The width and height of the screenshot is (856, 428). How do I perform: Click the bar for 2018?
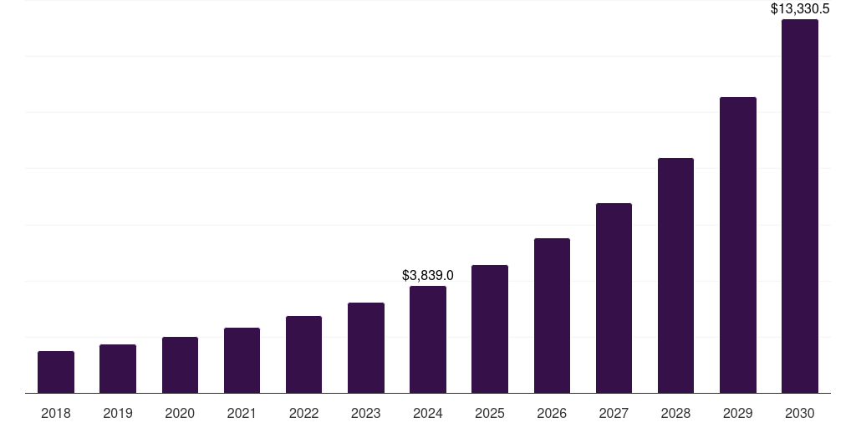(x=56, y=372)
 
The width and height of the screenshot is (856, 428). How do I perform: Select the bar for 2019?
(x=118, y=369)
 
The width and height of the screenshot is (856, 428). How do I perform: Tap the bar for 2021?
(x=242, y=360)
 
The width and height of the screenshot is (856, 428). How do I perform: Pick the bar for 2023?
(x=366, y=348)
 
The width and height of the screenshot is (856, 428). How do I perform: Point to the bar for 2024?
(x=428, y=339)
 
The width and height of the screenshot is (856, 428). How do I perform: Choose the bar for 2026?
(x=552, y=316)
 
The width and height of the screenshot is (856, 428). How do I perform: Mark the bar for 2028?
(x=675, y=276)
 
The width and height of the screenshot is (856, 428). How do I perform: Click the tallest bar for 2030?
(x=800, y=206)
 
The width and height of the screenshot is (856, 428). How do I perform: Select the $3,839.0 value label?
(x=428, y=275)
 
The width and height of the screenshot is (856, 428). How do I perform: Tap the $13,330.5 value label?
(x=800, y=9)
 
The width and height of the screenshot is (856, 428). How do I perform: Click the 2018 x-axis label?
(x=56, y=413)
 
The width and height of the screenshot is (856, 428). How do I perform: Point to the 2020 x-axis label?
(x=180, y=413)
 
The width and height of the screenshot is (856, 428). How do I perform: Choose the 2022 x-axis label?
(x=304, y=413)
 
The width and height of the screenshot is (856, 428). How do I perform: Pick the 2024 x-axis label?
(x=428, y=413)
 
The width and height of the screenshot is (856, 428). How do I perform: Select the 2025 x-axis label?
(x=490, y=413)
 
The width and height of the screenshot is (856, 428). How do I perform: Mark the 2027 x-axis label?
(x=614, y=413)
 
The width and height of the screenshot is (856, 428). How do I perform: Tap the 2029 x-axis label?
(x=738, y=413)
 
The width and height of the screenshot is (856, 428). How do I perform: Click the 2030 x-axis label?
(x=800, y=413)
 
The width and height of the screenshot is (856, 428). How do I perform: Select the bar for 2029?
(x=738, y=245)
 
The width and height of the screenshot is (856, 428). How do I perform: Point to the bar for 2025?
(x=490, y=329)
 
